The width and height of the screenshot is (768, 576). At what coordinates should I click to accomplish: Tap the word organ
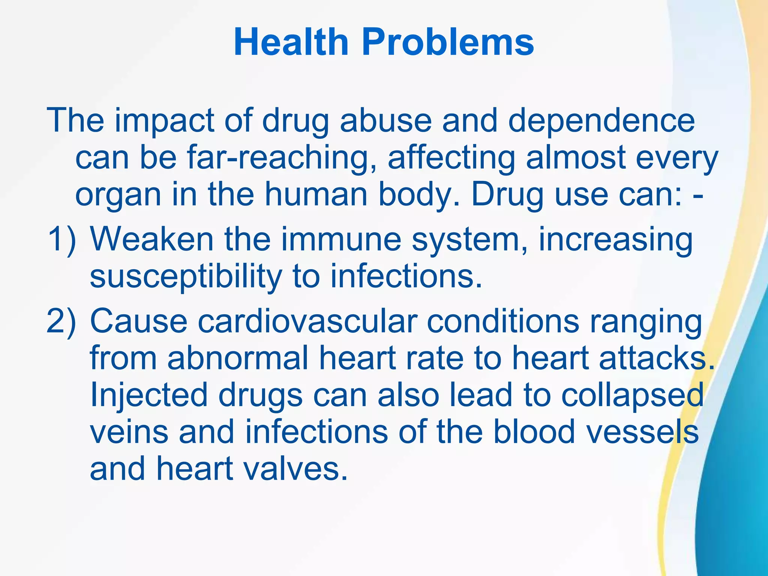tap(118, 195)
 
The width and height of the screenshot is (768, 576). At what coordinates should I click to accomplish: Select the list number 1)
tap(61, 239)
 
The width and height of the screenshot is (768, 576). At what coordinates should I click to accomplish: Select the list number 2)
tap(61, 321)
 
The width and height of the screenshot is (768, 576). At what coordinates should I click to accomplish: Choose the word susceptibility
tap(186, 277)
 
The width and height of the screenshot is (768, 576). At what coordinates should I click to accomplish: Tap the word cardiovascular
tap(307, 321)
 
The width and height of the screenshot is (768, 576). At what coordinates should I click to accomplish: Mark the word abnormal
tap(238, 358)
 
